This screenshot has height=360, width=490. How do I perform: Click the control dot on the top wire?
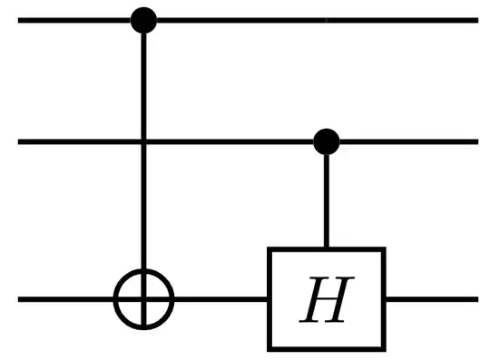(143, 19)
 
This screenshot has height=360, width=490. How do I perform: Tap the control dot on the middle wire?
(326, 141)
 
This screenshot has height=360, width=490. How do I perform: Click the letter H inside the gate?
(326, 299)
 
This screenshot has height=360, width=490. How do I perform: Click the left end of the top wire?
(20, 19)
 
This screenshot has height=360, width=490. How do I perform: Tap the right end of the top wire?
(475, 19)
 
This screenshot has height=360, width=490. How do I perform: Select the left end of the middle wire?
(20, 141)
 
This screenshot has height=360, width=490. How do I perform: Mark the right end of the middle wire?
(475, 141)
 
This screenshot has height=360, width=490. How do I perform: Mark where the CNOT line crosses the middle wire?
(143, 141)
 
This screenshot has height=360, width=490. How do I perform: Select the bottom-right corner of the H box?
(384, 348)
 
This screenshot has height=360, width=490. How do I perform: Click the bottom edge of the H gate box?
(326, 348)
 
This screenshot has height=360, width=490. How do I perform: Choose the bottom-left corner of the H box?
(269, 348)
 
